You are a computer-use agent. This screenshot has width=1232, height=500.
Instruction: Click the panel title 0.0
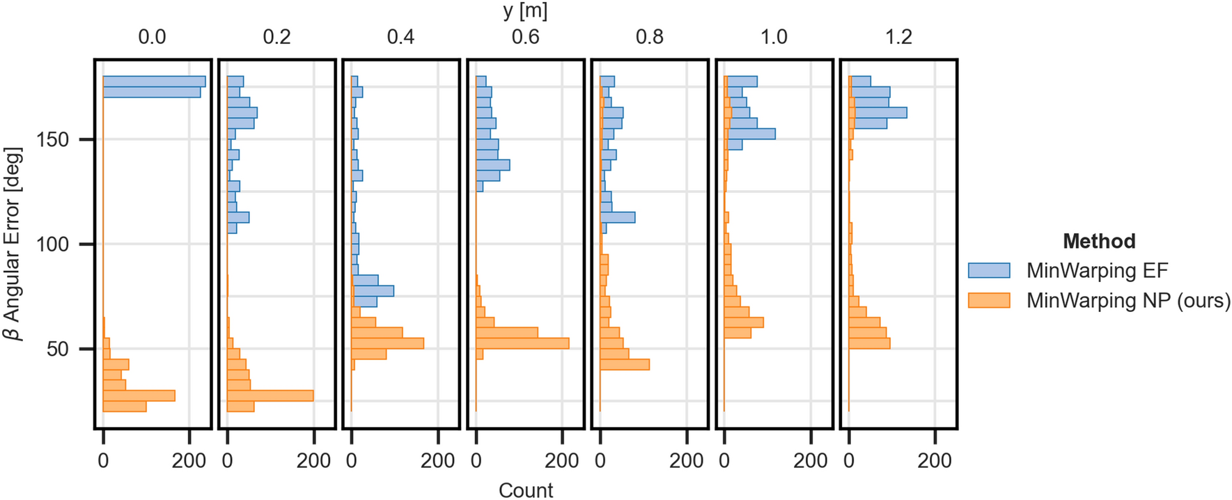pyautogui.click(x=152, y=37)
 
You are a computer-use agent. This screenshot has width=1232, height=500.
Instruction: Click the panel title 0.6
pyautogui.click(x=525, y=37)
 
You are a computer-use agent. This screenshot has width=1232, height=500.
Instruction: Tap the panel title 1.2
pyautogui.click(x=898, y=37)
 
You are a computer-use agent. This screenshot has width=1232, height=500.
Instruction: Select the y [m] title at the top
pyautogui.click(x=525, y=11)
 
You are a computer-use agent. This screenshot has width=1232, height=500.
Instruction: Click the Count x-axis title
pyautogui.click(x=525, y=490)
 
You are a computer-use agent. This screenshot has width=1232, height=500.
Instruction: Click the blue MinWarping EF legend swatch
pyautogui.click(x=989, y=270)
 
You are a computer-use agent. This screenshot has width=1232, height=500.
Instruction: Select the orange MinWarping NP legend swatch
pyautogui.click(x=989, y=300)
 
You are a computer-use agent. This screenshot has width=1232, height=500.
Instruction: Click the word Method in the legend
pyautogui.click(x=1099, y=241)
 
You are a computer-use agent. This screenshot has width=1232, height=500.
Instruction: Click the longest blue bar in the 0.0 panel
pyautogui.click(x=154, y=81)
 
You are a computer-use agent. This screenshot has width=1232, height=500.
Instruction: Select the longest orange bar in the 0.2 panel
pyautogui.click(x=270, y=396)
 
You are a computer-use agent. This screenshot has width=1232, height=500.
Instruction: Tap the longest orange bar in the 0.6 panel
pyautogui.click(x=522, y=343)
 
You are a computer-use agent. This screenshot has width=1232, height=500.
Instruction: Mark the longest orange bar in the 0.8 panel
pyautogui.click(x=625, y=364)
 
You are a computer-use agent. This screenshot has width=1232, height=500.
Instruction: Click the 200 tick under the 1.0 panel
pyautogui.click(x=810, y=460)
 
